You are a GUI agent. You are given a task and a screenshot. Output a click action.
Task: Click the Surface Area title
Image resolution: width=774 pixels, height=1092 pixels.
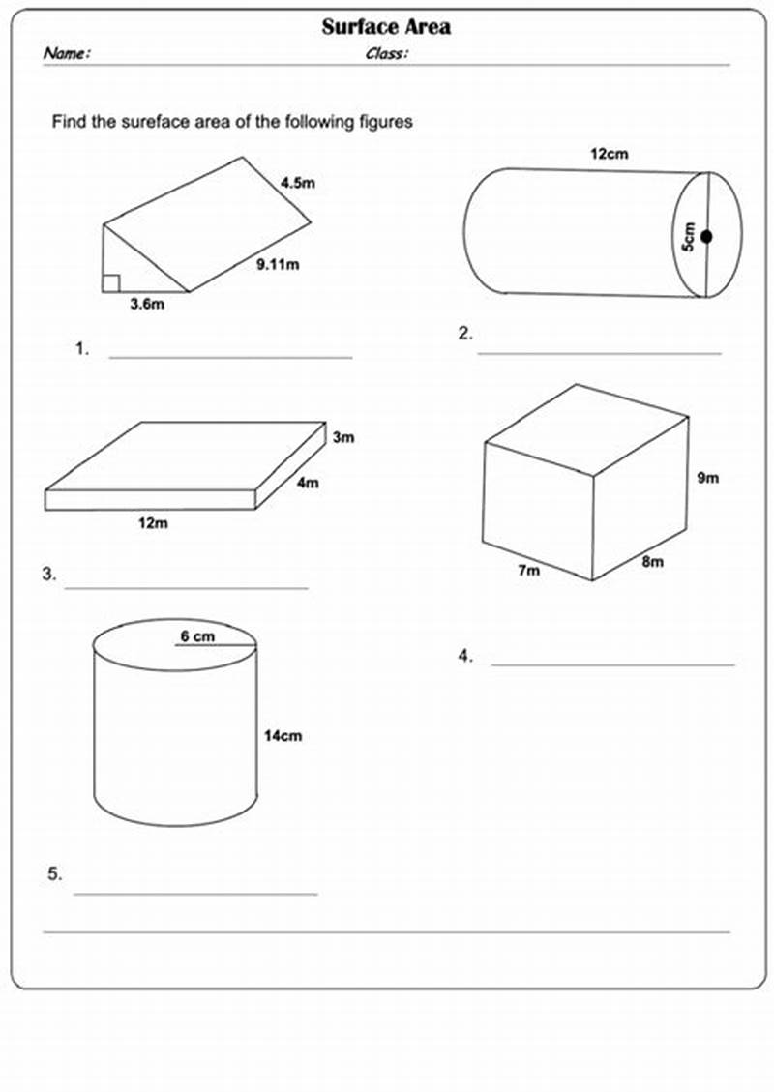[x=386, y=27]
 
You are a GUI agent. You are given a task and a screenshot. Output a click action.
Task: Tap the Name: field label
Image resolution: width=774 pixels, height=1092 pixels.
[x=67, y=54]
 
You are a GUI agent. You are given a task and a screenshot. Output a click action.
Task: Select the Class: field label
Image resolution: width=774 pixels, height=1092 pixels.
[x=386, y=54]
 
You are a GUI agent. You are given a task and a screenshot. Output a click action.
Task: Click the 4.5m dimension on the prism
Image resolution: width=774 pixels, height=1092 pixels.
[x=299, y=181]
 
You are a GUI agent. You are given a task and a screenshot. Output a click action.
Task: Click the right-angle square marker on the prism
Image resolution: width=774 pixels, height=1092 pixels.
[x=111, y=282]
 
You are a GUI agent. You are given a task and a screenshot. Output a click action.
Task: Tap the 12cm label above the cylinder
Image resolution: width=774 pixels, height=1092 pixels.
[x=607, y=153]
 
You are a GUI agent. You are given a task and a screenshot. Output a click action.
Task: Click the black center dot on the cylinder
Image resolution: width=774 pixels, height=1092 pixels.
[x=707, y=236]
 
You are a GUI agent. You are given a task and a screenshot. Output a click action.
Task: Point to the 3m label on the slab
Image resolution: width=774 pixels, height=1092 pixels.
[x=343, y=437]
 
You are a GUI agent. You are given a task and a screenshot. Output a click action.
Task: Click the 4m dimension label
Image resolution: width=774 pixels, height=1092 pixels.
[x=308, y=483]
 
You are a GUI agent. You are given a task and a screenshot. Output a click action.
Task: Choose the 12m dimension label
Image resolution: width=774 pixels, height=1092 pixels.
[x=152, y=523]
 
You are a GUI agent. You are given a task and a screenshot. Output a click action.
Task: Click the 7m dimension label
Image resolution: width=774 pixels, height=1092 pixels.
[x=528, y=571]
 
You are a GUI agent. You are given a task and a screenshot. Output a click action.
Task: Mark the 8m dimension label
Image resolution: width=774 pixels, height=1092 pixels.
[x=652, y=562]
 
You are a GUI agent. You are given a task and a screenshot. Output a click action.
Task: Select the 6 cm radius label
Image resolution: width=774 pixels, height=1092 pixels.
[x=197, y=636]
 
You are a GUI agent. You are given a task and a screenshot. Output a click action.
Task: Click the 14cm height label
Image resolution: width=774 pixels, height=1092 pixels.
[x=283, y=736]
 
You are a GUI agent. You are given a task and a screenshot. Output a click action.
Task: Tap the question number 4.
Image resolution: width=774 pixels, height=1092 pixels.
[x=465, y=656]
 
